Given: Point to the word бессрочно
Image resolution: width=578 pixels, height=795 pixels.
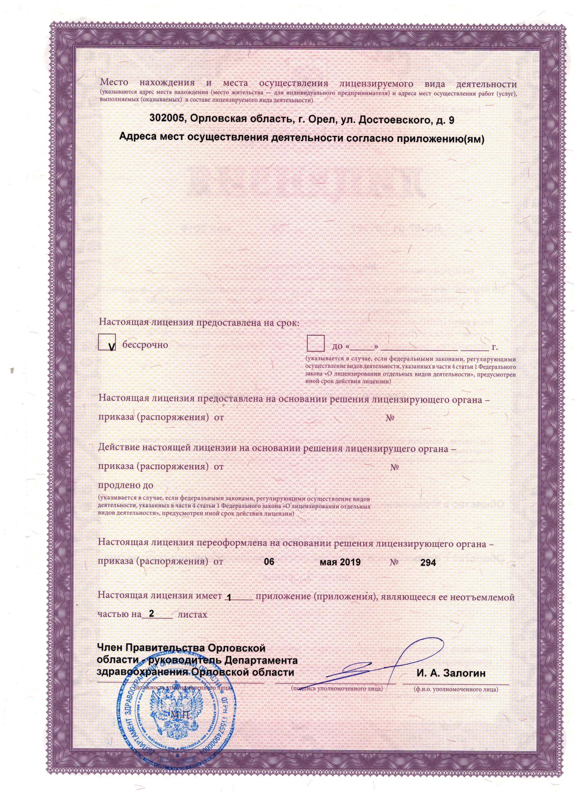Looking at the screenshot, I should [x=145, y=344].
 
